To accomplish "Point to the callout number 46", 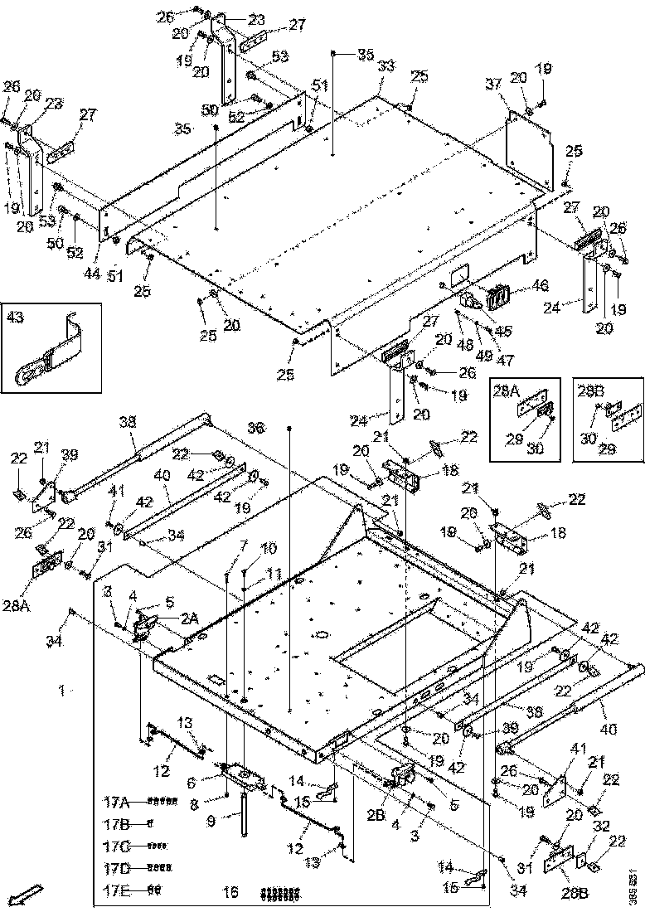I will click(x=540, y=285).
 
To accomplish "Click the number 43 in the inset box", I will click(x=16, y=316).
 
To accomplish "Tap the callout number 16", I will click(x=231, y=892).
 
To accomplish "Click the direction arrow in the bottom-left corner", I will click(x=28, y=894).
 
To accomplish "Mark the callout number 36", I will click(x=257, y=426).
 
